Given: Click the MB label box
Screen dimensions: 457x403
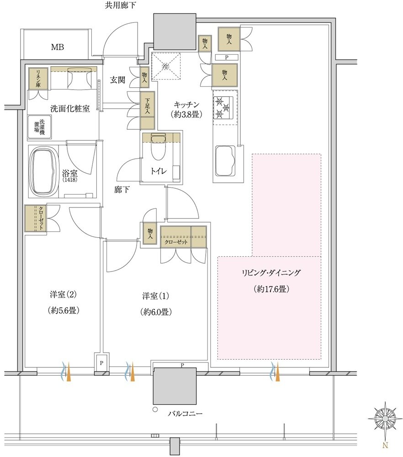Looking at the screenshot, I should (58, 47).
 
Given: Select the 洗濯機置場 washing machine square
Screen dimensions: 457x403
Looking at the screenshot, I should (42, 127).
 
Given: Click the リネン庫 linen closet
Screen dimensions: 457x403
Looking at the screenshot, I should (36, 79).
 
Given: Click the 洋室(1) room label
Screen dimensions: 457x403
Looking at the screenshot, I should (155, 296).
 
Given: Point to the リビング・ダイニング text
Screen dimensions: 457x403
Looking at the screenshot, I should (271, 273).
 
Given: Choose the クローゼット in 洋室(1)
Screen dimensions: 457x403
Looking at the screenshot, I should (176, 243).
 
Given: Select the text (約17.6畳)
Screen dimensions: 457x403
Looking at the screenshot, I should (271, 289).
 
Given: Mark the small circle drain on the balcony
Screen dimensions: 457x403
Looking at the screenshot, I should (155, 409).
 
